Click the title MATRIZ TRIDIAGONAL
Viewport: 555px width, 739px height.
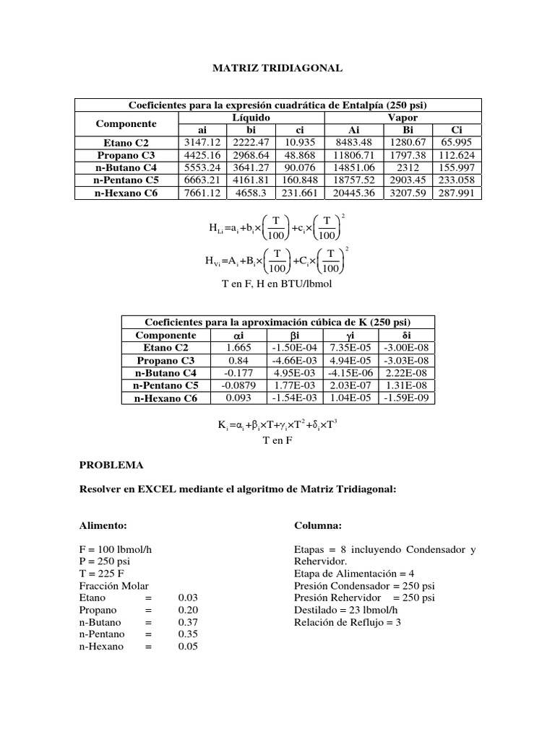tap(277, 68)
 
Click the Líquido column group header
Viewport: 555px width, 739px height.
tap(251, 117)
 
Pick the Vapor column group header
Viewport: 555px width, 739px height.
tap(403, 117)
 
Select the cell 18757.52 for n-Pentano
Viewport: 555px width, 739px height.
tap(350, 180)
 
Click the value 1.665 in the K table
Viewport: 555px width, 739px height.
tap(238, 348)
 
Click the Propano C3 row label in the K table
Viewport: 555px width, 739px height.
tap(165, 360)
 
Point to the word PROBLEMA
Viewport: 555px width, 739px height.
tap(111, 465)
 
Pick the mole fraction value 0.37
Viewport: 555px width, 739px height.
tap(187, 622)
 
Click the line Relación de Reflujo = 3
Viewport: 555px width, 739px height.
tap(347, 622)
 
